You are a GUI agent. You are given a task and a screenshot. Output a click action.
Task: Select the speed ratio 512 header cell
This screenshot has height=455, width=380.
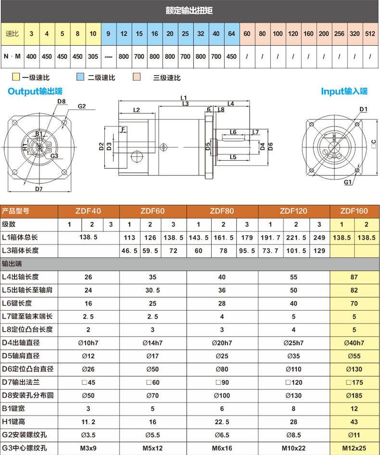[370, 34]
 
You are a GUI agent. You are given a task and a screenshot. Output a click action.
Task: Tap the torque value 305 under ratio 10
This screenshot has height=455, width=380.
[93, 56]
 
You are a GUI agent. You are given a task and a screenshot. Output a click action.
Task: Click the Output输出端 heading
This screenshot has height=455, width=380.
[35, 91]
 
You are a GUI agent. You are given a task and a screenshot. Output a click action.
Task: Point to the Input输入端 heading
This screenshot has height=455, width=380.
[344, 91]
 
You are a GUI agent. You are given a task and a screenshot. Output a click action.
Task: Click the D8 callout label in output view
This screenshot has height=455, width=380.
[61, 101]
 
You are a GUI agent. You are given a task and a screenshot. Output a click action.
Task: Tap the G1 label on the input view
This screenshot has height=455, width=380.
[348, 183]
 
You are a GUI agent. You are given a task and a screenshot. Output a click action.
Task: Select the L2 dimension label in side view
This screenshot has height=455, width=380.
[136, 110]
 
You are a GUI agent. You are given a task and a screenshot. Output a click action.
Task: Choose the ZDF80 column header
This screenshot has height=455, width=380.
[222, 211]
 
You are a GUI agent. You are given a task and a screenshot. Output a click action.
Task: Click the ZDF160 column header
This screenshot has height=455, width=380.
[354, 211]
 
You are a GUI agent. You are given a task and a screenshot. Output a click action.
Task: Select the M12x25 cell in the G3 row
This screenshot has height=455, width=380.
[354, 448]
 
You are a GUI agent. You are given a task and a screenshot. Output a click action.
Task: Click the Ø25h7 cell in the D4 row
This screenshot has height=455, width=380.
[293, 343]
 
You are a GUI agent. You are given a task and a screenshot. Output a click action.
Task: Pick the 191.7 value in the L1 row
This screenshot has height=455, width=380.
[270, 238]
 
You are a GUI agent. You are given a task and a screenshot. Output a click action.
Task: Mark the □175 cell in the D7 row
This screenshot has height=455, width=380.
[354, 382]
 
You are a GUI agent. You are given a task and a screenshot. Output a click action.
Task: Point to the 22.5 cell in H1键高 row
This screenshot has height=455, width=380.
[222, 422]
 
